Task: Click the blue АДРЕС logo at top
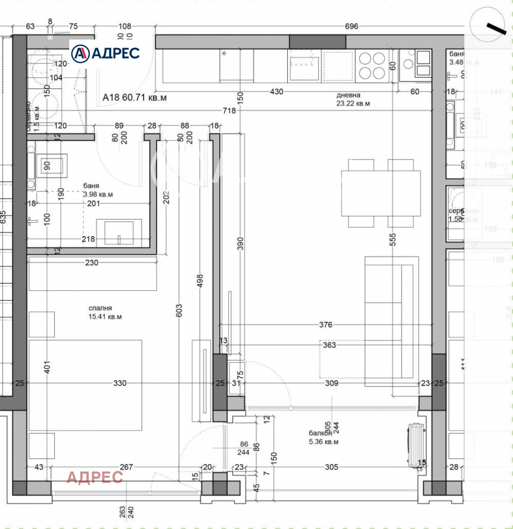105,53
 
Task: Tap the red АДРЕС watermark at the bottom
95,477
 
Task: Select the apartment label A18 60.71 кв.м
134,96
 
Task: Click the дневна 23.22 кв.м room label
353,99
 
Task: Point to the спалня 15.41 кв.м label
104,312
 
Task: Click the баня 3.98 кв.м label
97,190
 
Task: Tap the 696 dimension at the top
351,27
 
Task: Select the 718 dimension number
229,111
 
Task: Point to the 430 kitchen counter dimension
277,91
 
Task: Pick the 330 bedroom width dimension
120,383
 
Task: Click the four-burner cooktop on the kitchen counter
372,65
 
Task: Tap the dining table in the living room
381,193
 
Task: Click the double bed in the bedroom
85,384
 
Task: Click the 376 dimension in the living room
325,325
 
